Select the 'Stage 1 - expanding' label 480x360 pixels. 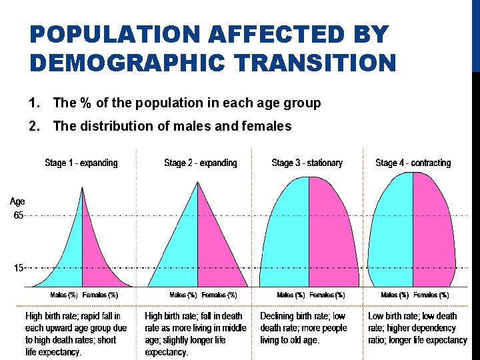click(81, 163)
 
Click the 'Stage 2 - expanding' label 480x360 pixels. click(200, 163)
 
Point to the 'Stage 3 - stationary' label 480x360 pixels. click(307, 163)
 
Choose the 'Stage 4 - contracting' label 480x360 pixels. click(413, 163)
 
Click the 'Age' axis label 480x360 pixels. click(17, 201)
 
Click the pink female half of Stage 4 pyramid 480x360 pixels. click(433, 240)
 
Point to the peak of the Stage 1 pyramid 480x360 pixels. click(82, 188)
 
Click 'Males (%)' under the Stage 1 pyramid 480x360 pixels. click(64, 295)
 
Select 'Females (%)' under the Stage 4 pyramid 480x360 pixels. click(431, 295)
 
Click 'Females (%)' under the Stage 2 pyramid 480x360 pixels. click(219, 295)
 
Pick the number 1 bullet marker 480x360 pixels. click(34, 103)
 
